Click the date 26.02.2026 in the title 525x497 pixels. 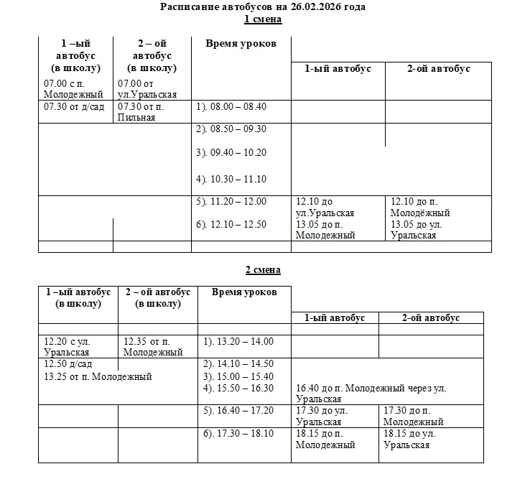pos(310,7)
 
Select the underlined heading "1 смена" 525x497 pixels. pos(263,19)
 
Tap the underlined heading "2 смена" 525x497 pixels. pos(263,270)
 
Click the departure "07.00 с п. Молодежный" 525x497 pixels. pos(73,89)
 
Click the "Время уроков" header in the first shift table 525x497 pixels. pos(241,44)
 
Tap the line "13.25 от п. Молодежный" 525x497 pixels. pos(98,376)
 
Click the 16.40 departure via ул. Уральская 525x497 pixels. pos(371,394)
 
